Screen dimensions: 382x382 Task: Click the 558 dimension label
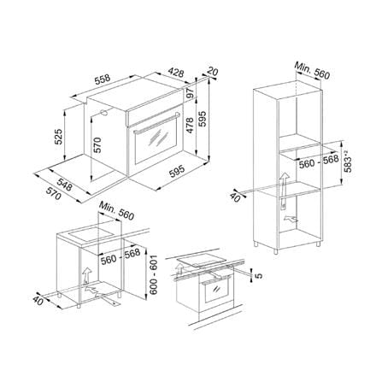click(x=103, y=79)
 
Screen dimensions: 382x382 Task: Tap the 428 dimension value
click(x=175, y=72)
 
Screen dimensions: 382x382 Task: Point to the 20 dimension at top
click(x=213, y=71)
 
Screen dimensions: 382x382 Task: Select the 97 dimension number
click(x=190, y=93)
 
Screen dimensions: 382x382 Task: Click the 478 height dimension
click(x=190, y=125)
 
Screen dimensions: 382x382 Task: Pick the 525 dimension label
click(x=58, y=137)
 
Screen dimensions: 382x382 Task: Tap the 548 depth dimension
click(x=64, y=185)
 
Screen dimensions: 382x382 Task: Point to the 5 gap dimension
click(x=259, y=276)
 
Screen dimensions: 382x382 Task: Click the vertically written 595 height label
click(x=202, y=119)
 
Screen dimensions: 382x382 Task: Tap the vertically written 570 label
click(x=97, y=145)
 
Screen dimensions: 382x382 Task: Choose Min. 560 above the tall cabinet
click(x=312, y=70)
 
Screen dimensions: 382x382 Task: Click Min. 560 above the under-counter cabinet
click(x=116, y=211)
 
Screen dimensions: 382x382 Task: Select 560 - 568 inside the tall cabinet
click(x=319, y=162)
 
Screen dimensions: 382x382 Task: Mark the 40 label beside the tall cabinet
click(x=235, y=197)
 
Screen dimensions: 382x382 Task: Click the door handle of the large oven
click(x=156, y=123)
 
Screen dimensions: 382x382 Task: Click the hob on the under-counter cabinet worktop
click(x=91, y=234)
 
